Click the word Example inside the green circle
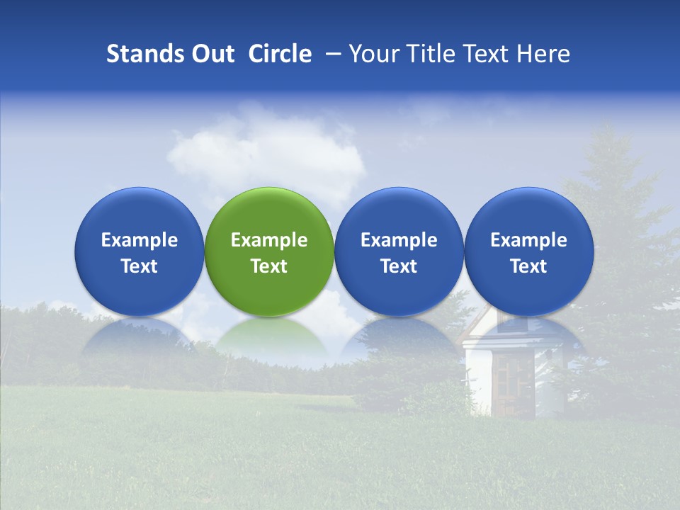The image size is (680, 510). coord(269,241)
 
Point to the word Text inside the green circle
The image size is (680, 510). coord(269,266)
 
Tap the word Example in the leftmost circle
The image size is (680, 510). coord(139,241)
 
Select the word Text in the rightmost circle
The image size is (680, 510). coord(528,266)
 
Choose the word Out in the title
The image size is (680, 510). coord(211,54)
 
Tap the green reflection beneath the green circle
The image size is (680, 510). coord(269,339)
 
